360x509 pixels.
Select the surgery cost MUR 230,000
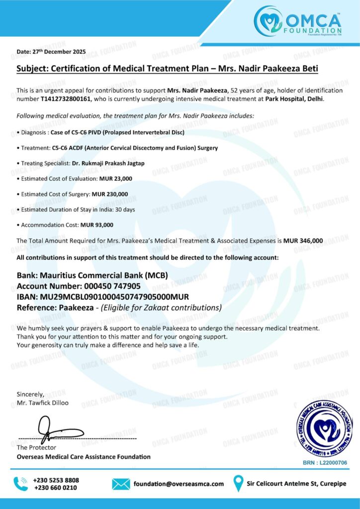click(x=110, y=194)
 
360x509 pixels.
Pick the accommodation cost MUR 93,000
click(x=97, y=225)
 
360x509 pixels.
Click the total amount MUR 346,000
click(x=303, y=241)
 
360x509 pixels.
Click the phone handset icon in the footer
click(x=21, y=484)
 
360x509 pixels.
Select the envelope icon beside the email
click(x=121, y=484)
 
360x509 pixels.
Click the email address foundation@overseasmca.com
click(x=179, y=484)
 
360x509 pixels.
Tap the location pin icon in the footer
click(x=239, y=483)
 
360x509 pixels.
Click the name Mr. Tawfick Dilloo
click(x=43, y=403)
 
